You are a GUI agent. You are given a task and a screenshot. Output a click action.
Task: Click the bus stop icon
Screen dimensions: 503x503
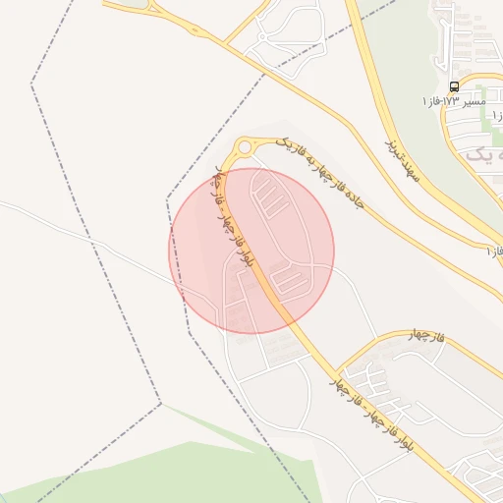click(x=454, y=87)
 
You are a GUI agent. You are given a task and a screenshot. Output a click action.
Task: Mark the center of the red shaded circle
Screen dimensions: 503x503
click(x=251, y=251)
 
